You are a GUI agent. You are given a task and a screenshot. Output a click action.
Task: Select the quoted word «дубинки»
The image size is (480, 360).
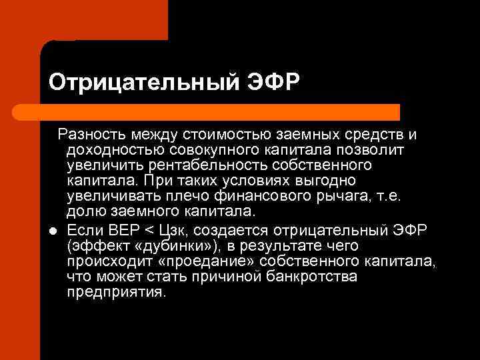tap(155, 245)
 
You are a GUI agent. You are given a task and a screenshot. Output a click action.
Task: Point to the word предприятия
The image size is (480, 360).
tap(115, 292)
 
